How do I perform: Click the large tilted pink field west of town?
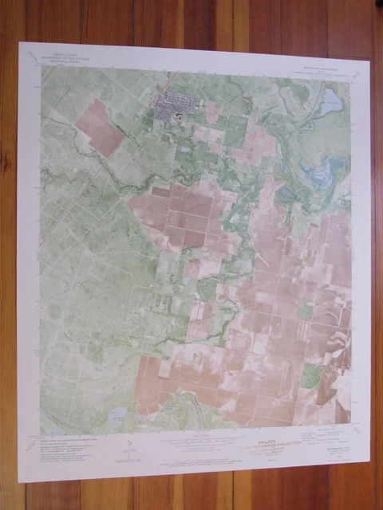(x=101, y=127)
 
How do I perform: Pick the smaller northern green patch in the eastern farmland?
(x=306, y=312)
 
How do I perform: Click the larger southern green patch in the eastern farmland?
(x=311, y=375)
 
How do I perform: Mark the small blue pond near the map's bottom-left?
(x=118, y=414)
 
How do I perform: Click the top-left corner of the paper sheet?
(x=19, y=42)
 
